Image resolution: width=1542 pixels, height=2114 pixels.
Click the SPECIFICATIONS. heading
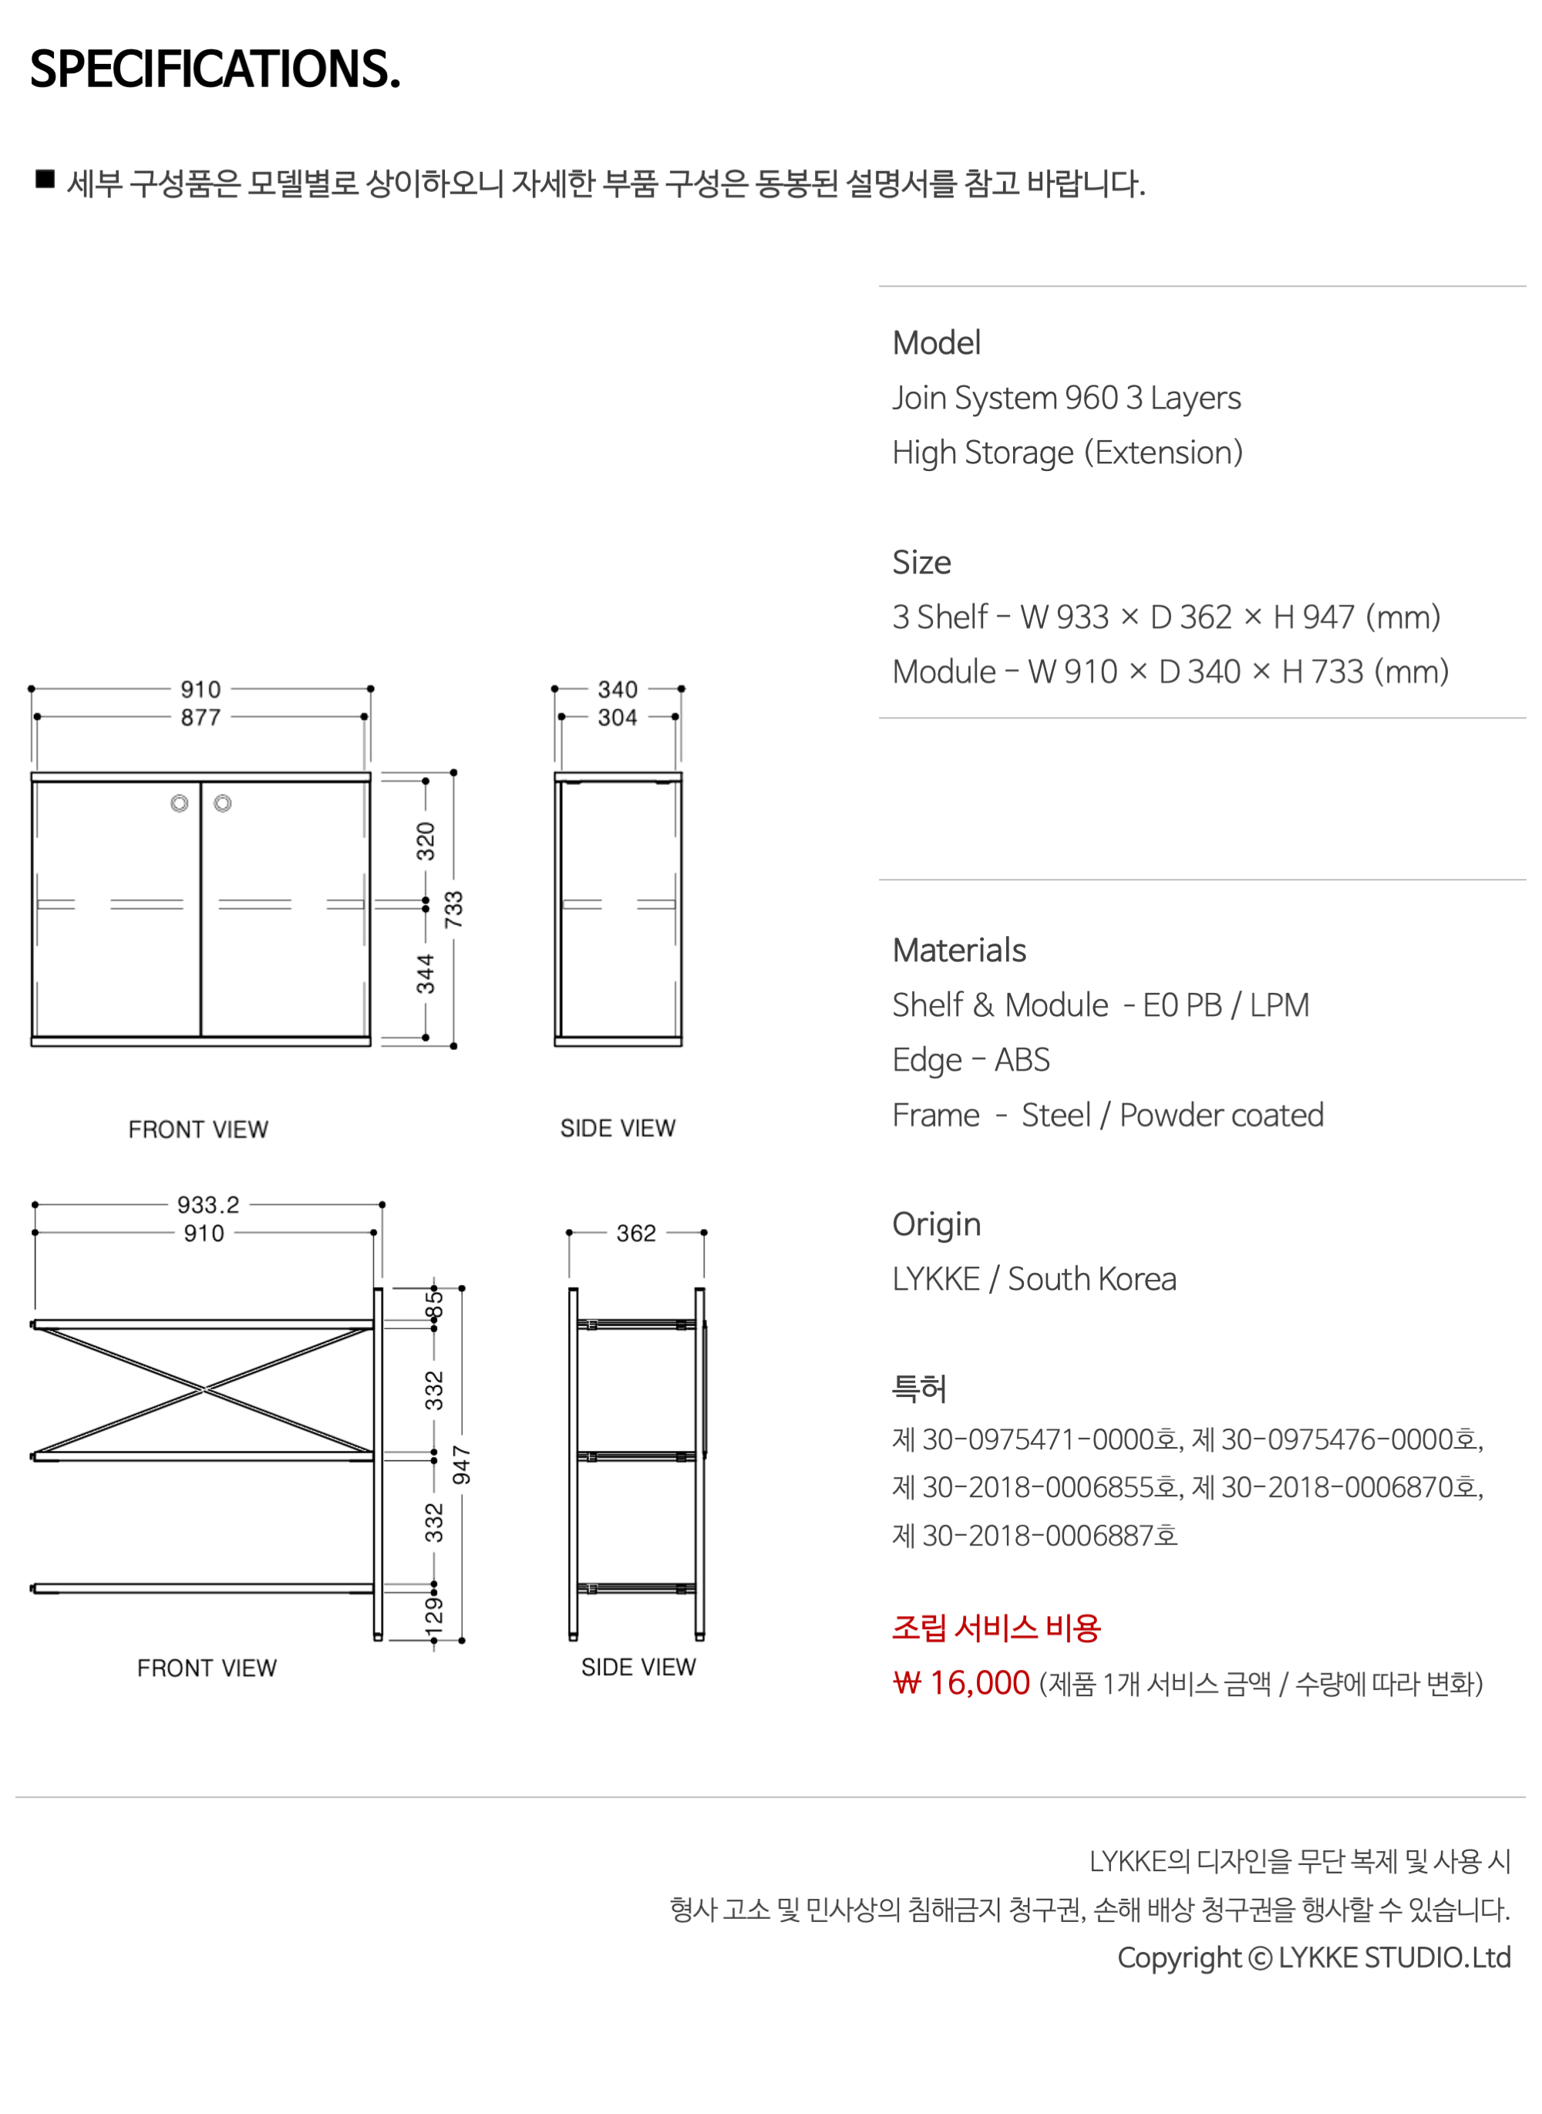pos(216,69)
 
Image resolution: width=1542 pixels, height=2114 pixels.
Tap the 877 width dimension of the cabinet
pos(200,717)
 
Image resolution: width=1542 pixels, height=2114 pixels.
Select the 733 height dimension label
pos(453,909)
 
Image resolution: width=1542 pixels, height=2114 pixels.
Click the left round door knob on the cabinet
pos(179,803)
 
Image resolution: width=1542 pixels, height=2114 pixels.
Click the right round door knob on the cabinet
pos(222,803)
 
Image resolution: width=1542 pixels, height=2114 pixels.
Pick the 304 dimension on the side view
pos(618,717)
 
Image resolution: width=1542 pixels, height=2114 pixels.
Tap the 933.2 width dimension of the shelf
pos(208,1205)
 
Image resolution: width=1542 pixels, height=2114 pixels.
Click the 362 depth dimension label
pos(637,1233)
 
